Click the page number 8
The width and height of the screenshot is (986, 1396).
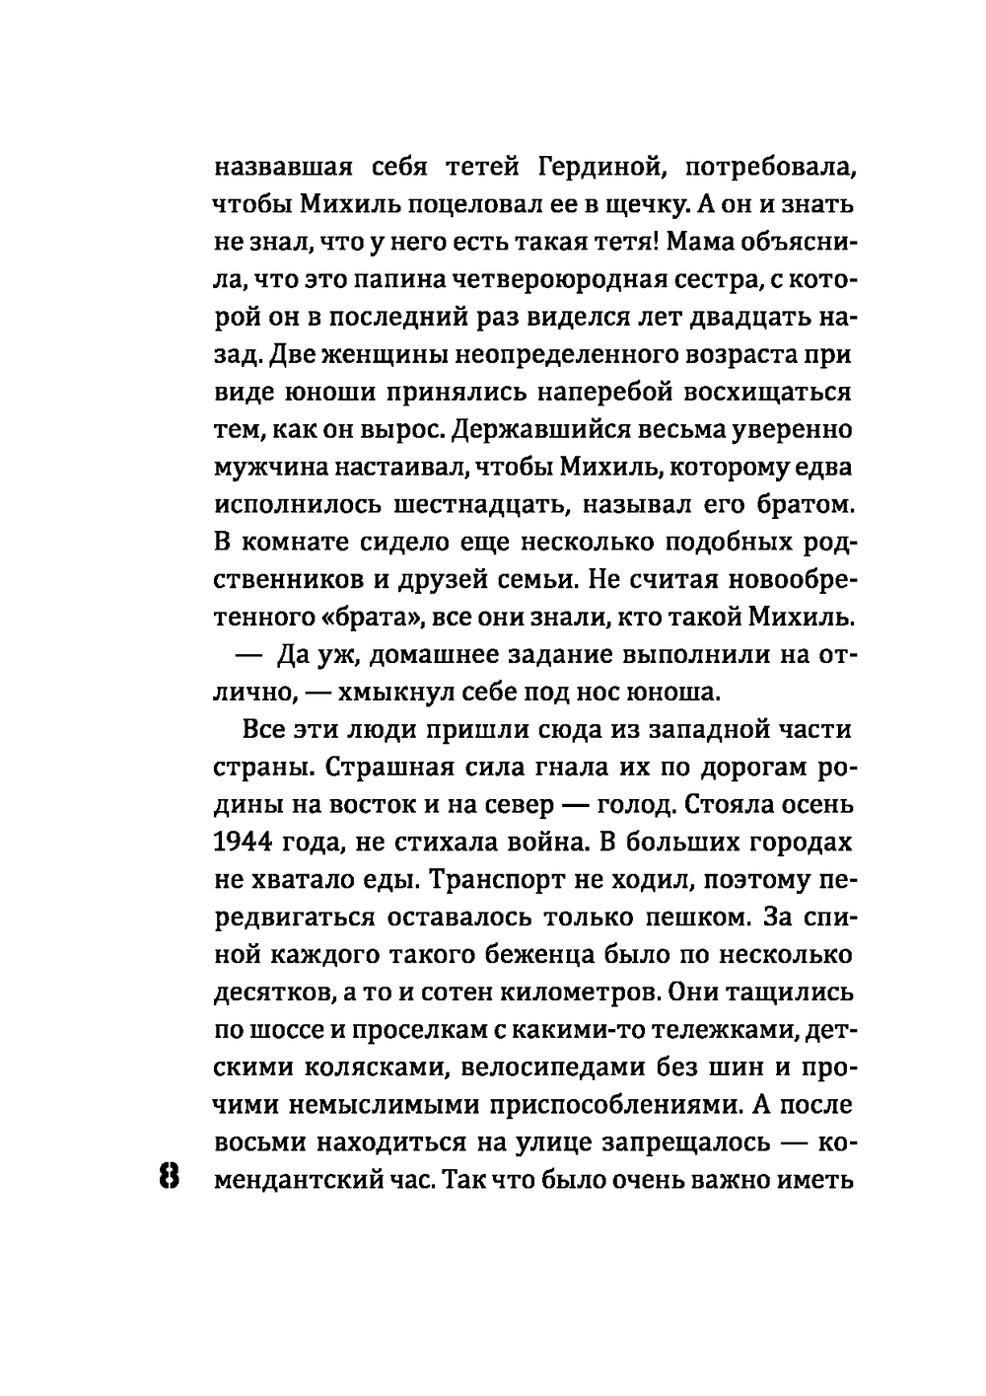coord(166,1177)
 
